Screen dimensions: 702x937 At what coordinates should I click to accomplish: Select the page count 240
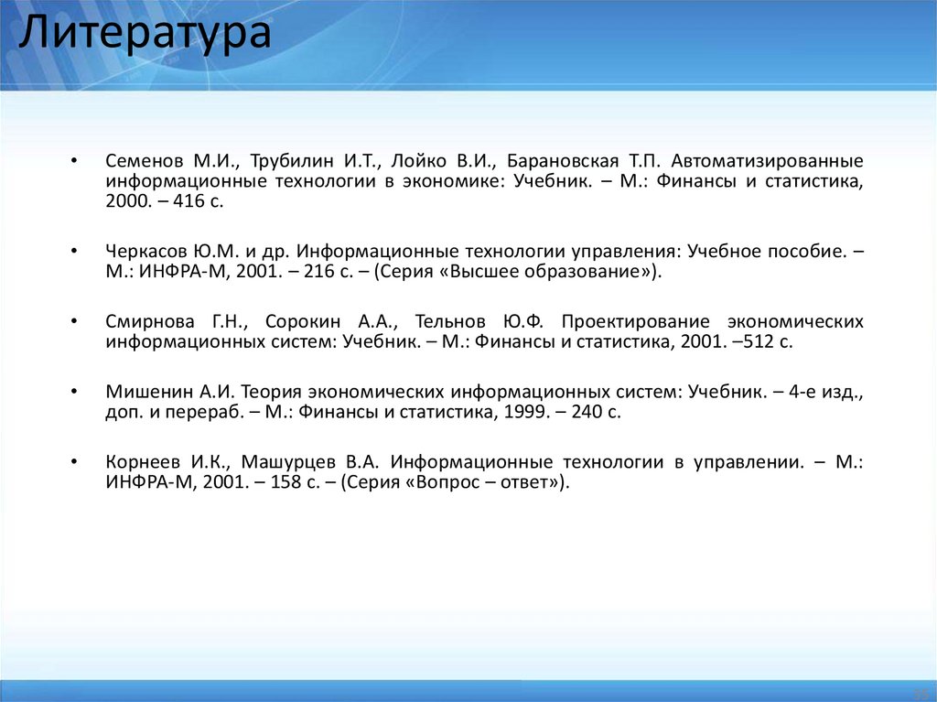tap(589, 412)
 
